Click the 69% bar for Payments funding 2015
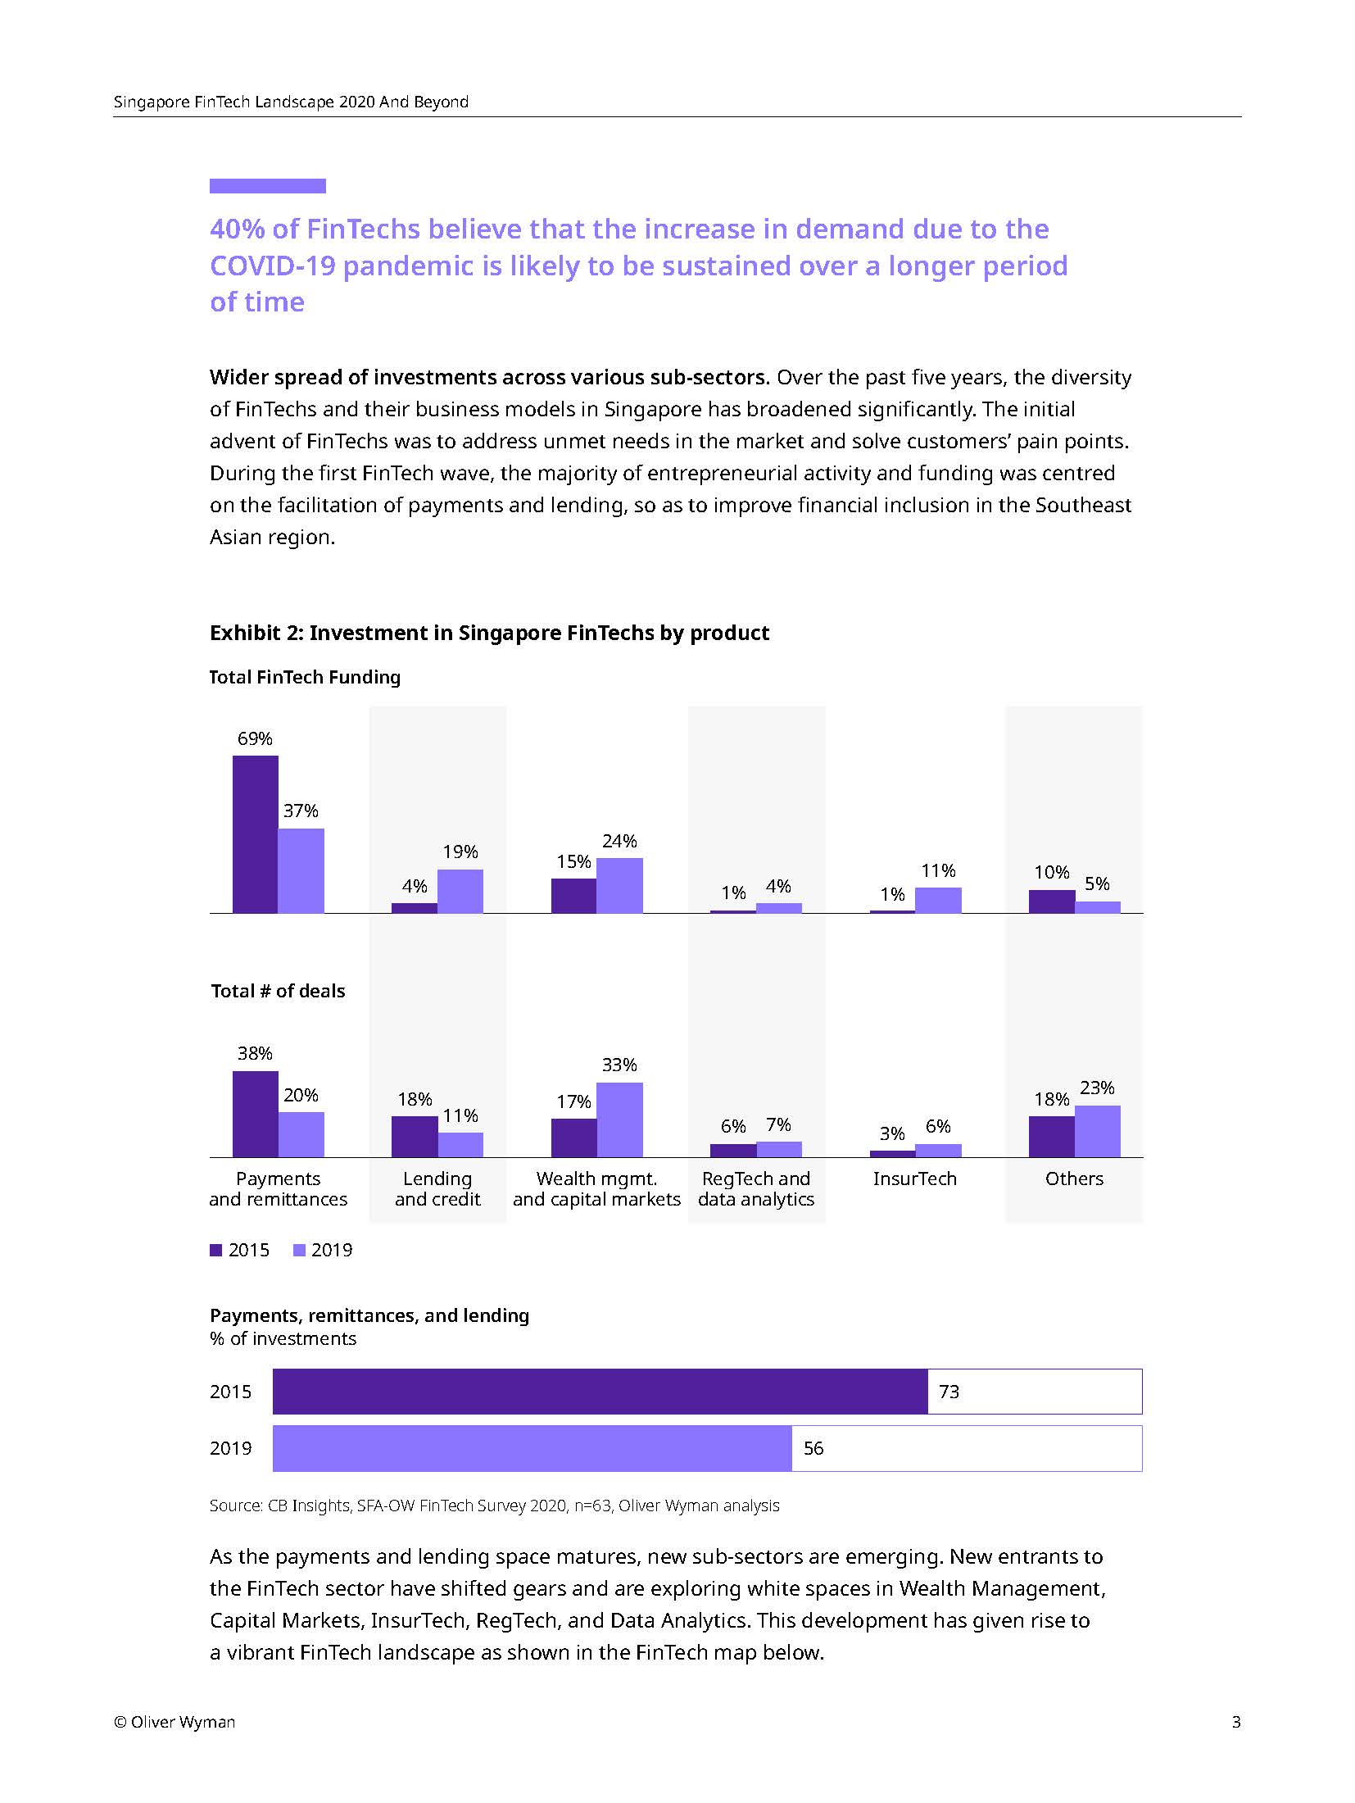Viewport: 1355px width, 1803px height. (x=255, y=833)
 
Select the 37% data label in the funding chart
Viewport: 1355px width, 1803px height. (x=301, y=811)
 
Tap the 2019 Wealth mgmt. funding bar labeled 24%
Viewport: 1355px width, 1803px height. (x=619, y=885)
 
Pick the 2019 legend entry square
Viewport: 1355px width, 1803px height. (x=299, y=1250)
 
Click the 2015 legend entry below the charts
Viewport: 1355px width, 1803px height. (x=240, y=1250)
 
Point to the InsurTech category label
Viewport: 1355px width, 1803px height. (x=914, y=1179)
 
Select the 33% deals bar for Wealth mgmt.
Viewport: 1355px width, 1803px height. (x=619, y=1119)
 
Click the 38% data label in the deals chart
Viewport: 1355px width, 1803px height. (x=255, y=1053)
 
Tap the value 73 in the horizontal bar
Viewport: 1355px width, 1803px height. (x=949, y=1392)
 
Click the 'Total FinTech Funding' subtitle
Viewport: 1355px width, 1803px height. (x=305, y=677)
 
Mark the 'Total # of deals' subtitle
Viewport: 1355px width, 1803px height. (x=278, y=991)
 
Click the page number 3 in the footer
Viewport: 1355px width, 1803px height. (x=1236, y=1722)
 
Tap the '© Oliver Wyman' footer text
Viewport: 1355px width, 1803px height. (x=174, y=1722)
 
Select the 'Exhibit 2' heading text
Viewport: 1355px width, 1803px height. (x=489, y=633)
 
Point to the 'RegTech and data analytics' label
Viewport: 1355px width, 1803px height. (x=755, y=1188)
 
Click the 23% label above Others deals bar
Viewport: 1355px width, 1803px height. (x=1097, y=1088)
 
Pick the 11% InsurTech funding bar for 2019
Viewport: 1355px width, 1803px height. (x=938, y=900)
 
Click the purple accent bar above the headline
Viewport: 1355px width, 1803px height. (x=267, y=186)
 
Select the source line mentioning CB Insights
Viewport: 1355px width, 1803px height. (x=494, y=1506)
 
